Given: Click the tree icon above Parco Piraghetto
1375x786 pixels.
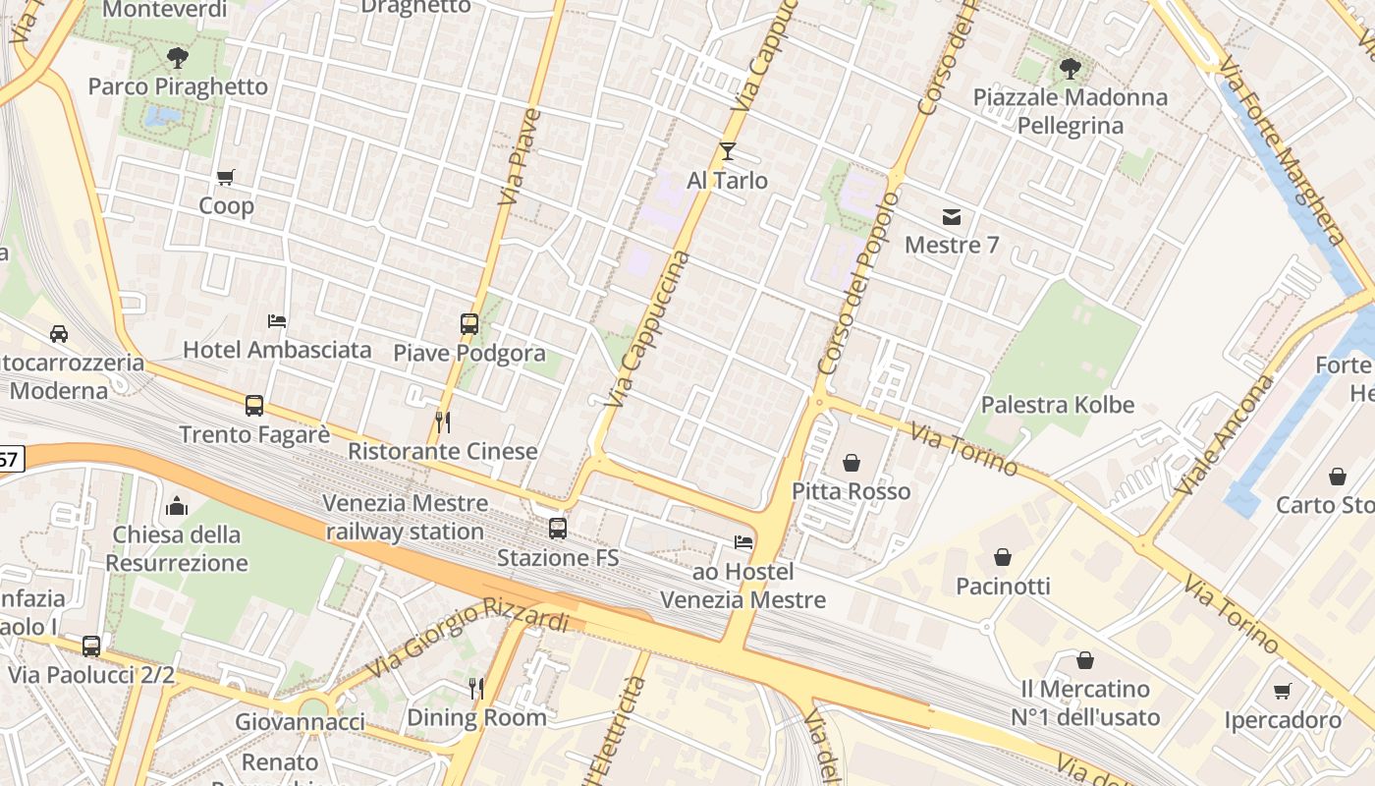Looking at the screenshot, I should tap(178, 58).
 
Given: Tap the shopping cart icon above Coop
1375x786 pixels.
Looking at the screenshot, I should tap(226, 178).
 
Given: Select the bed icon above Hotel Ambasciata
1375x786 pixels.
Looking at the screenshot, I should tap(277, 320).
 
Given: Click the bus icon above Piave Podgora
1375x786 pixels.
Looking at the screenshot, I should tap(469, 323).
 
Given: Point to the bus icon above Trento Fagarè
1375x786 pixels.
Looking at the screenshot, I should tap(254, 405).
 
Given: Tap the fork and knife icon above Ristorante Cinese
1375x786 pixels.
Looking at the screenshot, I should tap(443, 422).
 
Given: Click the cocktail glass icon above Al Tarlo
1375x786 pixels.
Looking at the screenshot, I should tap(727, 151).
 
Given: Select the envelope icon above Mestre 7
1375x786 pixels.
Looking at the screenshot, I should tap(952, 216).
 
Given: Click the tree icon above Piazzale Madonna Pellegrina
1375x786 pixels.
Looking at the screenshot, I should tap(1070, 69).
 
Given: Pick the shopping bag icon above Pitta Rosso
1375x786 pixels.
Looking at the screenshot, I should tap(852, 462).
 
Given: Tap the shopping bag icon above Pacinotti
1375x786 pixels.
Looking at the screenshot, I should tap(1003, 557).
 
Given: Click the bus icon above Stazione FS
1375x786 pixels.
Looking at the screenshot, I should tap(558, 529).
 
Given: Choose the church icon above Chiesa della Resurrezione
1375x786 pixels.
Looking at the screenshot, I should tap(177, 506).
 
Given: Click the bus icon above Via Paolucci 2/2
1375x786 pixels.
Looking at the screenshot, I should tap(91, 646).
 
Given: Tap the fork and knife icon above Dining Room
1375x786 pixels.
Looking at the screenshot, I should tap(476, 688).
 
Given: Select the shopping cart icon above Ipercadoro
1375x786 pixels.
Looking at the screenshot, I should tap(1282, 692).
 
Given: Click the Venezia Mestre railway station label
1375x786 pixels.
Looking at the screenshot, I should tap(406, 517).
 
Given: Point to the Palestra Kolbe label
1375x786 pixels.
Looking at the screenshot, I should tap(1057, 405).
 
